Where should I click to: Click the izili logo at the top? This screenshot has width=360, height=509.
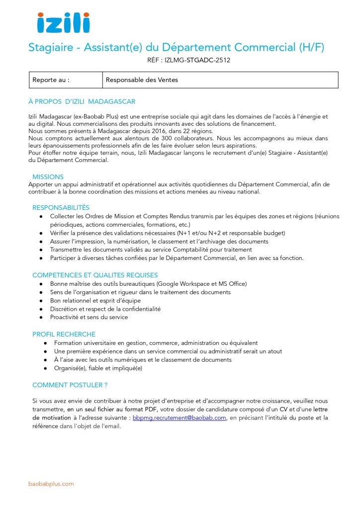point(63,23)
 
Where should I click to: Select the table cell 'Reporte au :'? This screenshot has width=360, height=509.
point(51,80)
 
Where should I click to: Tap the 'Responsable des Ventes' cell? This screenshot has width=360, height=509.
point(142,80)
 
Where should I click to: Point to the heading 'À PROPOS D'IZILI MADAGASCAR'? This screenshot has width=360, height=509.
point(82,101)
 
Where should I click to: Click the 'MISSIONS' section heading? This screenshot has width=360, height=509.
point(48,176)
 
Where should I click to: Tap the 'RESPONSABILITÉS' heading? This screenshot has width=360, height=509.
point(61,207)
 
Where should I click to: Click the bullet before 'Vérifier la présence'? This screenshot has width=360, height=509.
point(41,233)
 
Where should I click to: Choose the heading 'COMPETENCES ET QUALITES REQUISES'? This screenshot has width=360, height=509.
point(95,275)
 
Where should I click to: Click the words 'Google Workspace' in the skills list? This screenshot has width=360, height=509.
point(180,283)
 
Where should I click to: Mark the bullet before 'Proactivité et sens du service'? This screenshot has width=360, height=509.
point(41,317)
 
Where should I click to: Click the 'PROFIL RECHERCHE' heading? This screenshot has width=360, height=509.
point(64,334)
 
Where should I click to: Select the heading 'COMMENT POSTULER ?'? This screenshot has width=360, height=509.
point(70,385)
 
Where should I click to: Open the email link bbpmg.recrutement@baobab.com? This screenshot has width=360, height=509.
point(180,418)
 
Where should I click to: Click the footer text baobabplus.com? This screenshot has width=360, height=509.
point(51,484)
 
